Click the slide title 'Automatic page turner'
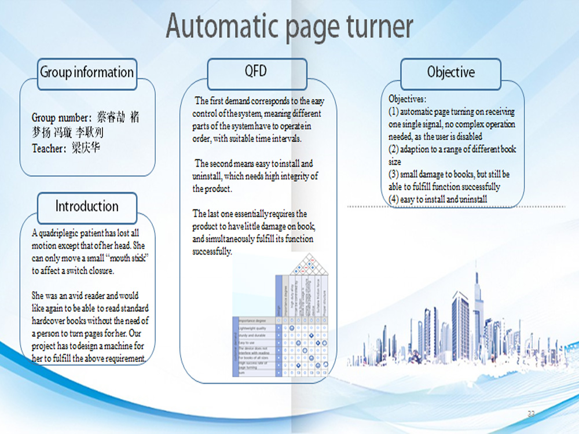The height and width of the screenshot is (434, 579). coord(289,27)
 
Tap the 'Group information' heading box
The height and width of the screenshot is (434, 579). coord(87,73)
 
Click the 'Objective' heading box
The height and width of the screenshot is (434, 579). coord(450,73)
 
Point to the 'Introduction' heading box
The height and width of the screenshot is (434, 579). coord(87,207)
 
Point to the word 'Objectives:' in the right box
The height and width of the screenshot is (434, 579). coord(408,100)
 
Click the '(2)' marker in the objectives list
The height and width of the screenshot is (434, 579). coord(393,149)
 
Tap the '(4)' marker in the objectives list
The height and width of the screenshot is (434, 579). coord(393,200)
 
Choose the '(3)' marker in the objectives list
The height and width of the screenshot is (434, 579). coord(393,174)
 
